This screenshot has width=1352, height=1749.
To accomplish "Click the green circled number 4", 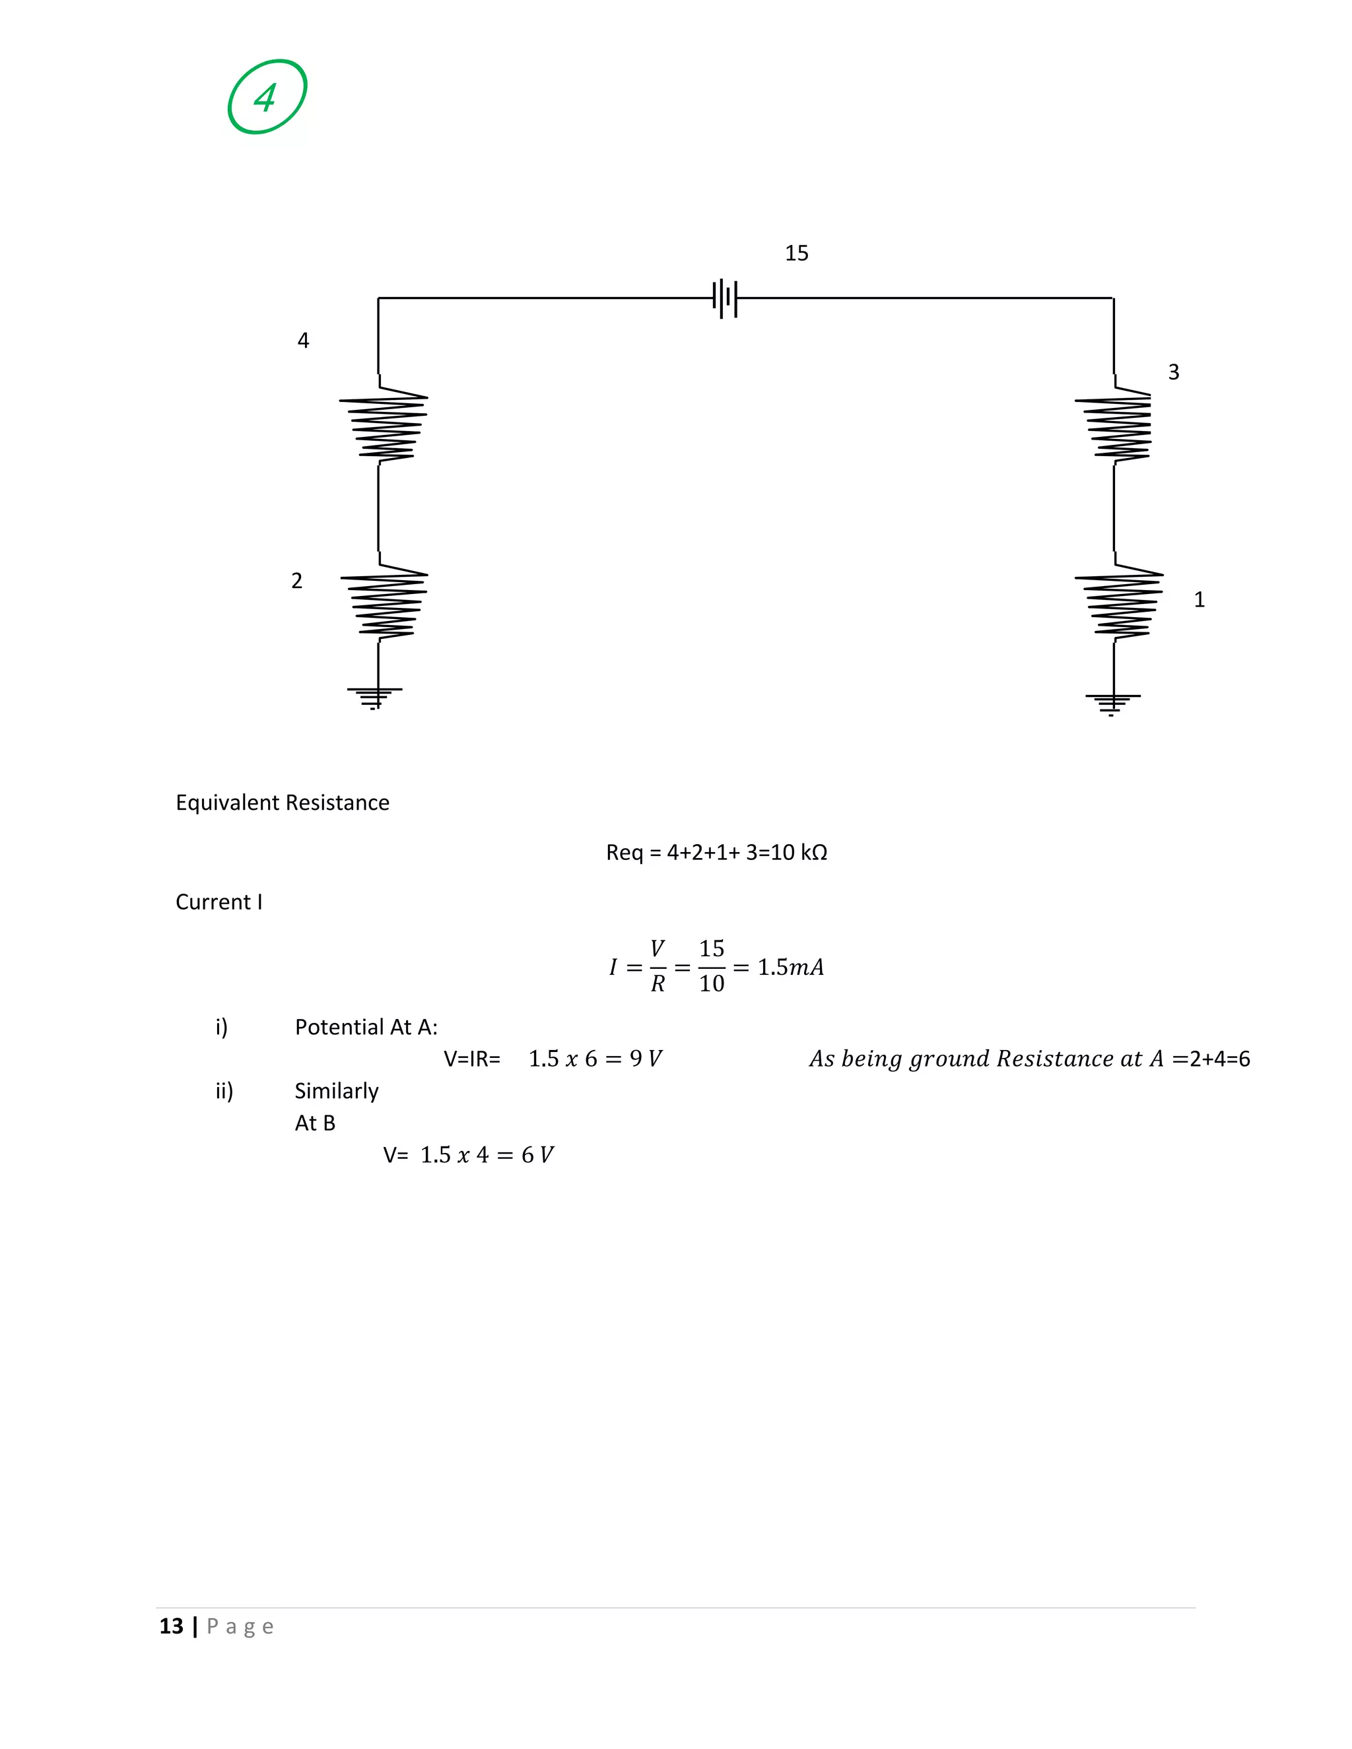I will [267, 97].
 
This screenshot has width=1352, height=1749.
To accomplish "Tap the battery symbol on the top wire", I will [725, 298].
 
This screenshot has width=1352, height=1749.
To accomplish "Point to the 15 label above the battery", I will [796, 253].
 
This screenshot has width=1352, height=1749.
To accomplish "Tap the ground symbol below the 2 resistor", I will [374, 697].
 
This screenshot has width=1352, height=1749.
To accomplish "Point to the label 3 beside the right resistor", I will [1173, 372].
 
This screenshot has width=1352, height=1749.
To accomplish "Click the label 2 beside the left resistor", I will [296, 581].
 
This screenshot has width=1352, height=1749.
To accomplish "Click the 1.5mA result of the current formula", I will [790, 968].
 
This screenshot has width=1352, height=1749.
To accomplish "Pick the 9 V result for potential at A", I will [646, 1059].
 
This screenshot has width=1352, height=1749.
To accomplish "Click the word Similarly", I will [337, 1091].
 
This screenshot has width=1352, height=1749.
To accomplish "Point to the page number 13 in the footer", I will [172, 1626].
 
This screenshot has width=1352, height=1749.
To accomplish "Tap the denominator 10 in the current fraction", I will [711, 983].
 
